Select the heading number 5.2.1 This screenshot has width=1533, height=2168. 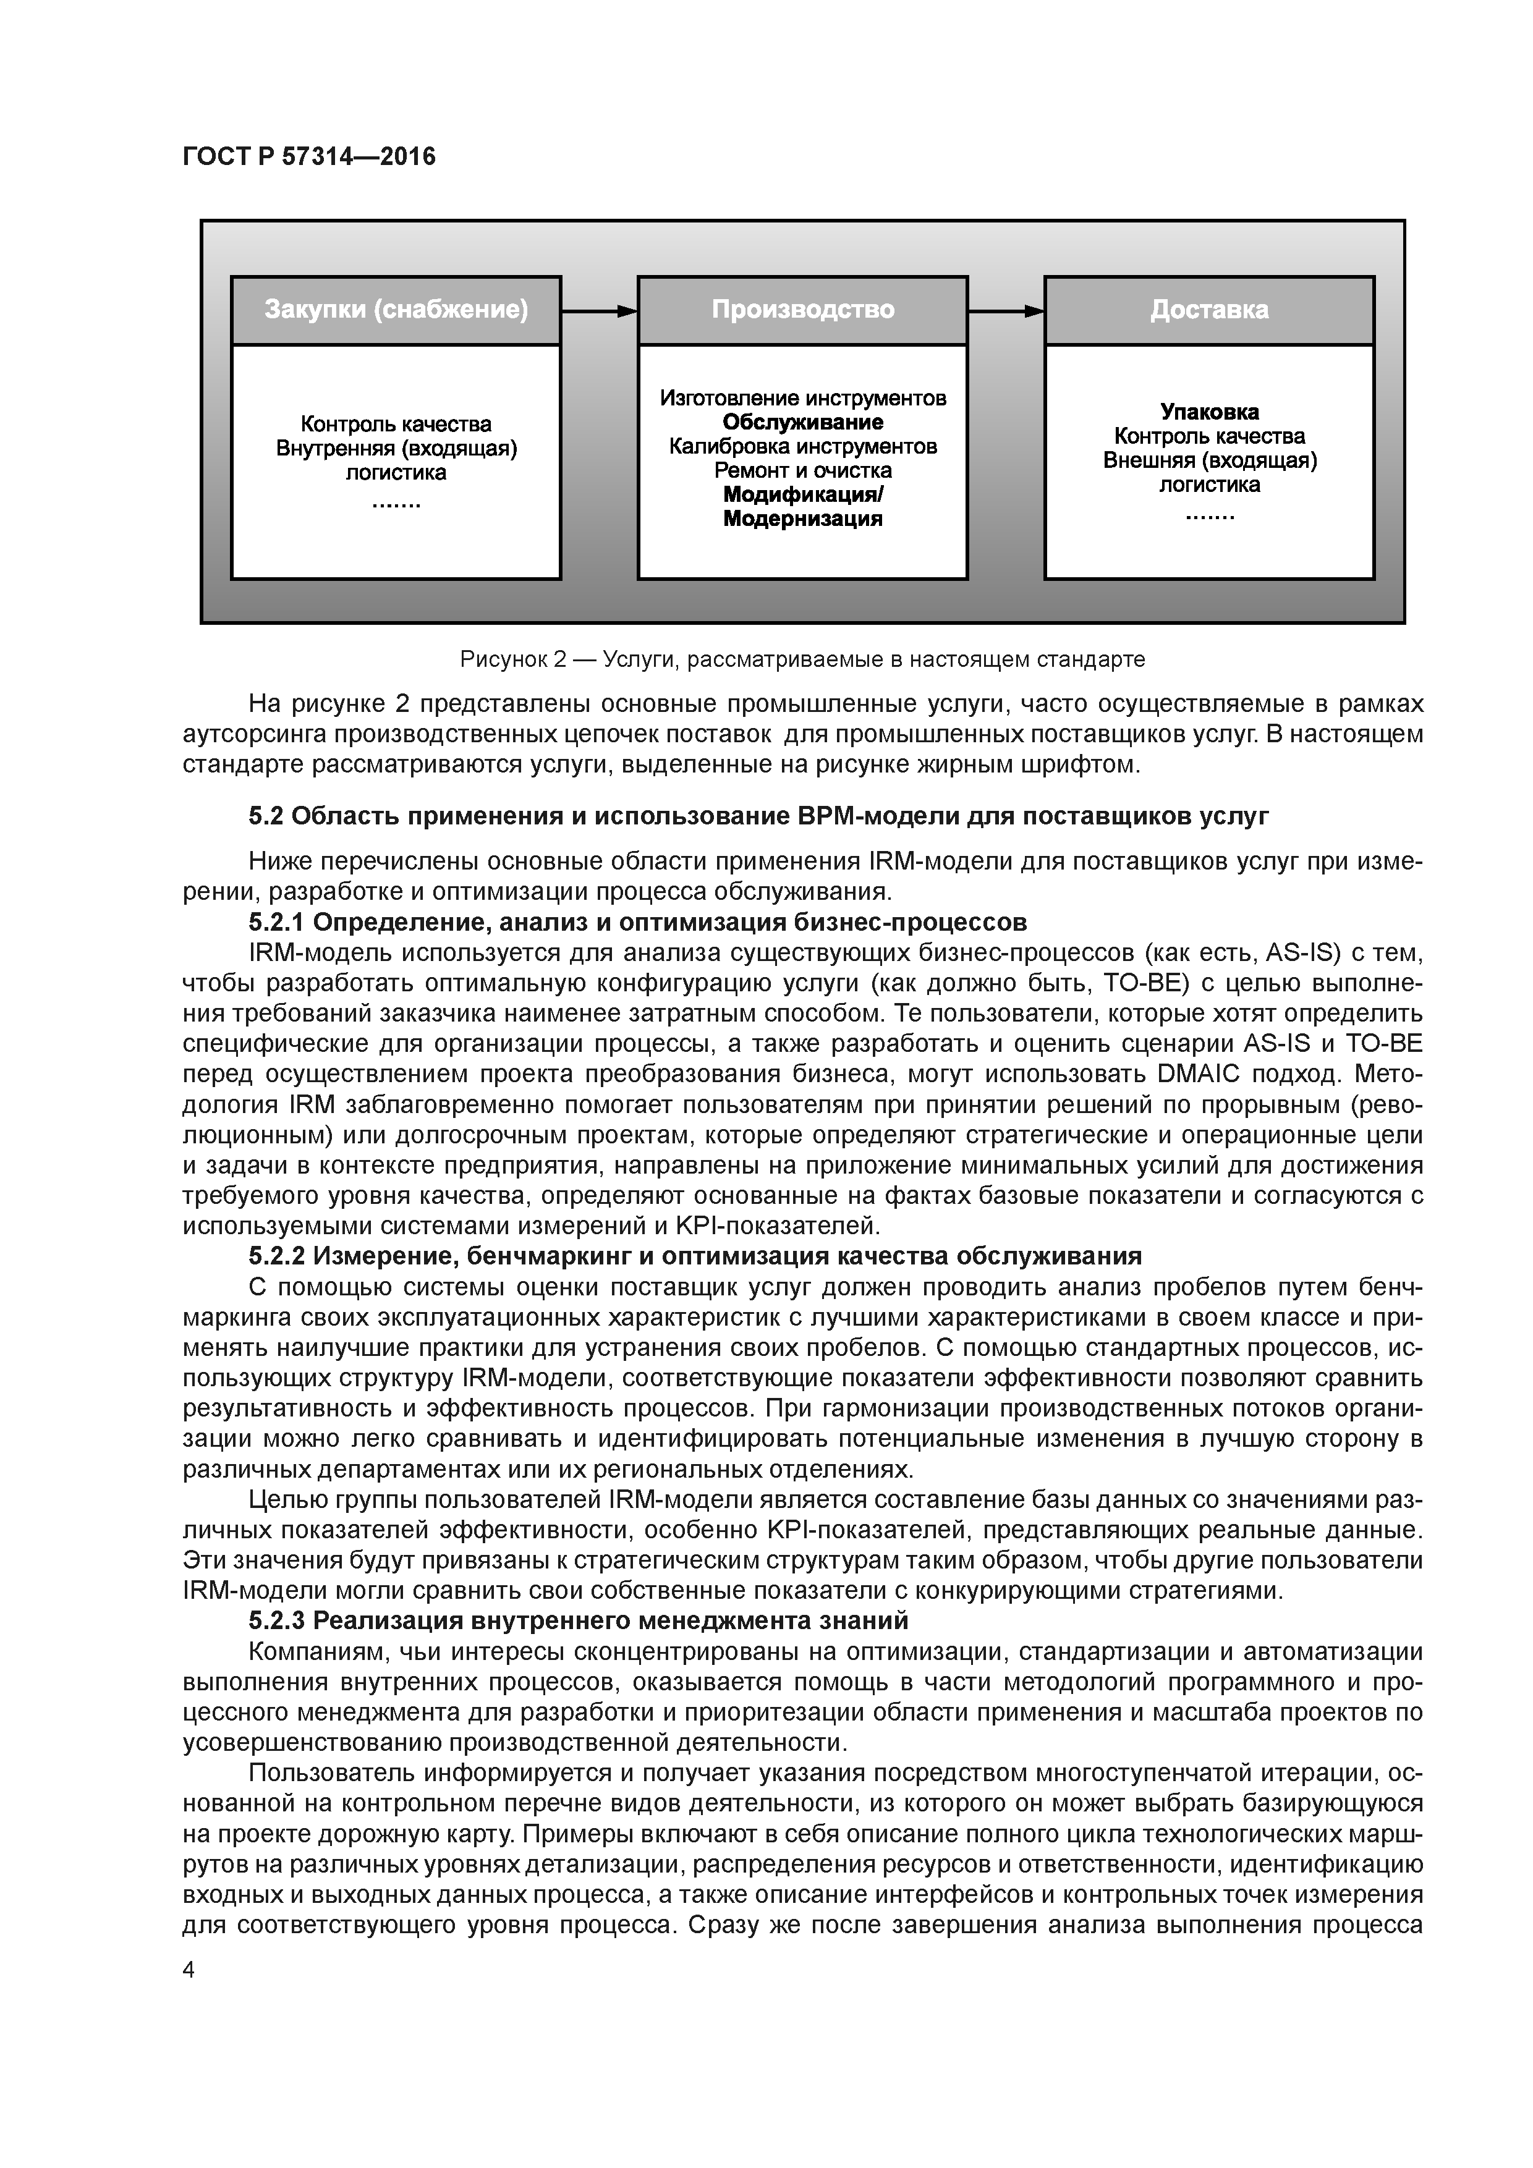click(x=277, y=921)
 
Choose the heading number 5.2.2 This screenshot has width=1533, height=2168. click(x=277, y=1256)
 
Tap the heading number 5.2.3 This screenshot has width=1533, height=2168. click(x=277, y=1620)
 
